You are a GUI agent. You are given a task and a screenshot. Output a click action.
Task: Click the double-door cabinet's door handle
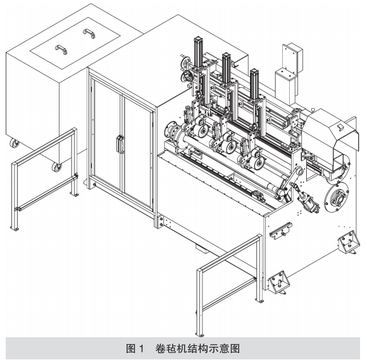coord(120,144)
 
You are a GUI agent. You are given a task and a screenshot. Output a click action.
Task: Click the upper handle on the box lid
coord(89,34)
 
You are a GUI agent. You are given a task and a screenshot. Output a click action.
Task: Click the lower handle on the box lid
coord(61,49)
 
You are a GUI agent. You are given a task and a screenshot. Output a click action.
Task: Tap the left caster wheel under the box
coord(15,143)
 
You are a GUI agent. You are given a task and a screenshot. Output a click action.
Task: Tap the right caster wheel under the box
coord(57,167)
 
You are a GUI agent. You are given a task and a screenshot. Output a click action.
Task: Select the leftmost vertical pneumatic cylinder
coord(198,53)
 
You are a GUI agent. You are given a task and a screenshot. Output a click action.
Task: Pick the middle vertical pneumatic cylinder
coord(227,68)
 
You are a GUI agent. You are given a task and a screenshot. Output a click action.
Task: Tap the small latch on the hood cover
coord(340,127)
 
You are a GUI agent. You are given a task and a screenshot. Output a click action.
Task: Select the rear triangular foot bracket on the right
coord(348,242)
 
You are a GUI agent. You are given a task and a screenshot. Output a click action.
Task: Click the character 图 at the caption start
coord(130,349)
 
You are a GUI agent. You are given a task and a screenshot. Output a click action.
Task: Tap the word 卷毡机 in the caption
coord(169,349)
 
